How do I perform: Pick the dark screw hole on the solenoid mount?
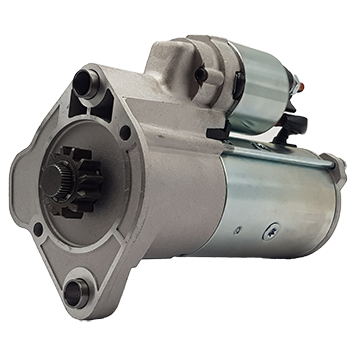(198, 74)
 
